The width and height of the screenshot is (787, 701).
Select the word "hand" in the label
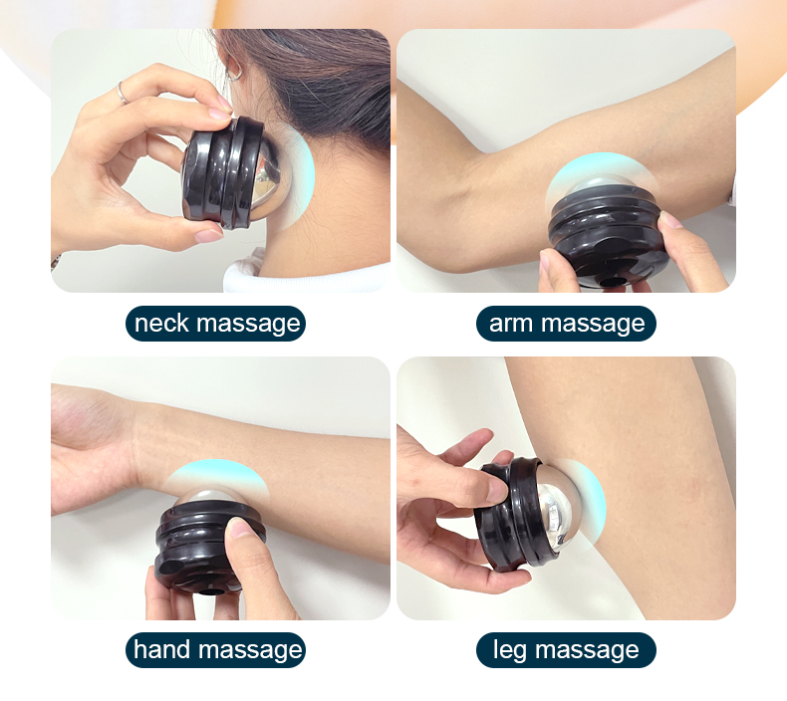pos(161,649)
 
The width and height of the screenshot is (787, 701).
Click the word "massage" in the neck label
pos(248,325)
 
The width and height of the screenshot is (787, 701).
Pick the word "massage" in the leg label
pos(587,651)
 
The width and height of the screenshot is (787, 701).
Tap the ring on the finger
pos(123,93)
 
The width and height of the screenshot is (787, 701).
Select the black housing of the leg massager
pos(507,517)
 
